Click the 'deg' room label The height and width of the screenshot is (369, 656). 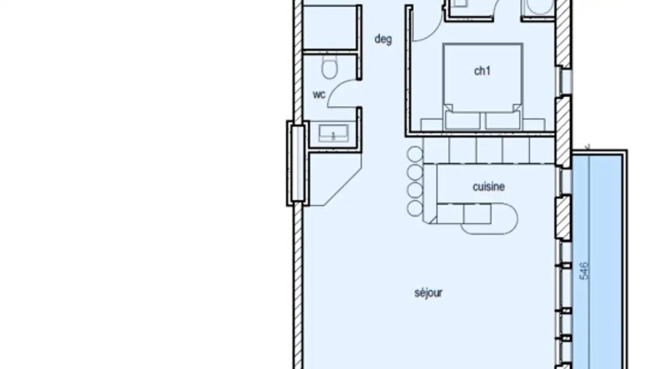coord(383,40)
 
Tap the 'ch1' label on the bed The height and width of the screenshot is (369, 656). coord(482,71)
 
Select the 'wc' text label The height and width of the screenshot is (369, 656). coord(319,95)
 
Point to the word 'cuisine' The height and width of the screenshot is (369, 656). coord(489,187)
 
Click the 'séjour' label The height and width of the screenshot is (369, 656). coord(428,293)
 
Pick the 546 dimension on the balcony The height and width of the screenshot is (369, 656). coord(584,271)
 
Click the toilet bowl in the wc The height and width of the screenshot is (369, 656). coord(329,67)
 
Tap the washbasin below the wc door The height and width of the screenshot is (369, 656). coord(333,133)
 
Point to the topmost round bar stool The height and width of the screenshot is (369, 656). coord(415,154)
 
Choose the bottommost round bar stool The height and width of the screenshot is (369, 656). coord(415,209)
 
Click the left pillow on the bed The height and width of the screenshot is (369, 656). coord(462,120)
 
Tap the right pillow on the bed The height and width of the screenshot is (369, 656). coord(502,120)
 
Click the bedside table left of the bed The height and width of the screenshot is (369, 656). coord(432,125)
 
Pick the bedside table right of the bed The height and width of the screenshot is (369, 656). coord(533,125)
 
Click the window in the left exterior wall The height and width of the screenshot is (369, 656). coord(298,163)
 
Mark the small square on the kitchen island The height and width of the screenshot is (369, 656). coord(477,214)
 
